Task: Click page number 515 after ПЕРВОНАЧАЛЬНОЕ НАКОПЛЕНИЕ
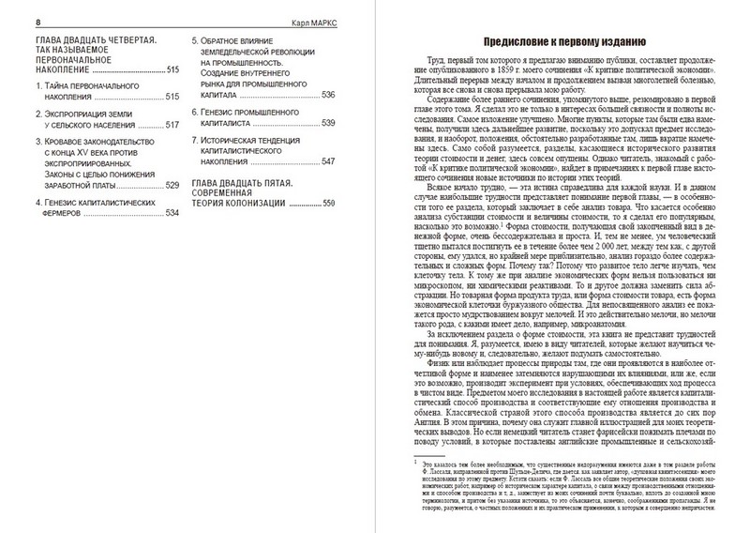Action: coord(170,70)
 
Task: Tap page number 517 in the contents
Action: coord(170,125)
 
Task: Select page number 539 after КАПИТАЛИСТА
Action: coord(328,123)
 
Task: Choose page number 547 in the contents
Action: coord(328,161)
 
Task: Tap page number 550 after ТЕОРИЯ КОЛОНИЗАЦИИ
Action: coord(328,204)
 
